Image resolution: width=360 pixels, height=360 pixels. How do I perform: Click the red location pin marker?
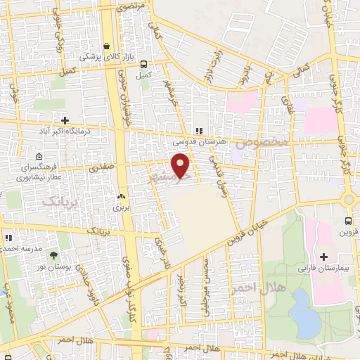click(x=181, y=165)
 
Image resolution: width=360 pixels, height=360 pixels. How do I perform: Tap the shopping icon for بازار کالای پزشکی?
click(x=105, y=46)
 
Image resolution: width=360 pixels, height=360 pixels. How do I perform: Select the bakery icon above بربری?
click(x=122, y=198)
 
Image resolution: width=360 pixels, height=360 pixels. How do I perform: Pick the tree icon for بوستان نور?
click(x=53, y=250)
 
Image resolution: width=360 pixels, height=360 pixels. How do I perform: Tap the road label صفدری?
click(x=101, y=169)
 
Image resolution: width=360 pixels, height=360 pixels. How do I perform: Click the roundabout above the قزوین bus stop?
click(x=349, y=199)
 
